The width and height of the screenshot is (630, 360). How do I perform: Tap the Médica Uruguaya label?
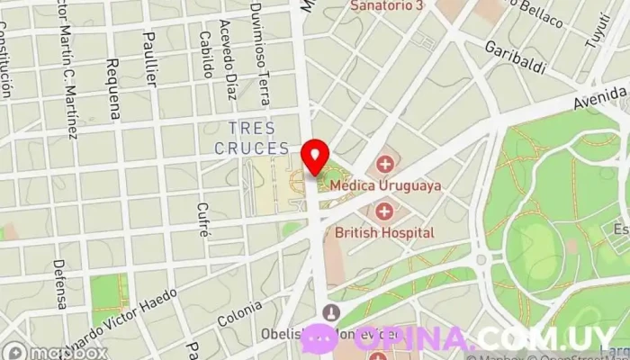386,185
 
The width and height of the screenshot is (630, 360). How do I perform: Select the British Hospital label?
384,232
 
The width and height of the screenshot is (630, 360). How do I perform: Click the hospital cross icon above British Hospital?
385,211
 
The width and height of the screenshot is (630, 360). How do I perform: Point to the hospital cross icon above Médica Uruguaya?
385,164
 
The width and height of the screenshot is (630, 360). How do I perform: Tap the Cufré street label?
203,219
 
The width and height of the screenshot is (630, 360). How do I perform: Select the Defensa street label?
60,284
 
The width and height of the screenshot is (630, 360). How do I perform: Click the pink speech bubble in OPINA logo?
318,338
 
